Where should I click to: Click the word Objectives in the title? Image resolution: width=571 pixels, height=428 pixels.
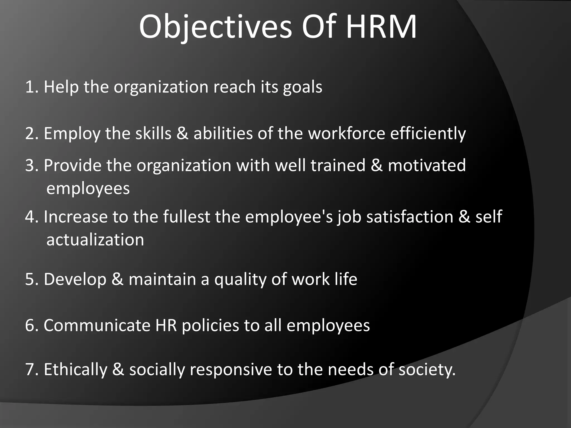click(215, 27)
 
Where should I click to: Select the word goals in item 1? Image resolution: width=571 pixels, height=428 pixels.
click(303, 87)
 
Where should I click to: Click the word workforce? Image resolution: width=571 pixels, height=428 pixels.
click(346, 133)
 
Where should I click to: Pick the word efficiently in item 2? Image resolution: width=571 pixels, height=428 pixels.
click(428, 134)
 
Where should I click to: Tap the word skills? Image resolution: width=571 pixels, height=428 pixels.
click(153, 133)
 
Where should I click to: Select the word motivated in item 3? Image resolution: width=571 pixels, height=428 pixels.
click(427, 165)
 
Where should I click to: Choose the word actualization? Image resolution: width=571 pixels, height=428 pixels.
click(95, 240)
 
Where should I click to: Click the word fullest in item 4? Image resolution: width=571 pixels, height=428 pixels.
click(186, 217)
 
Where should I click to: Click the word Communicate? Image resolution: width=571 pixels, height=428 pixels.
click(97, 325)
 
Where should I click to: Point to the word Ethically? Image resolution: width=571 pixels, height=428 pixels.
click(75, 370)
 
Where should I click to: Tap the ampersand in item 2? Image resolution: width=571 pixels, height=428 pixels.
click(182, 133)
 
